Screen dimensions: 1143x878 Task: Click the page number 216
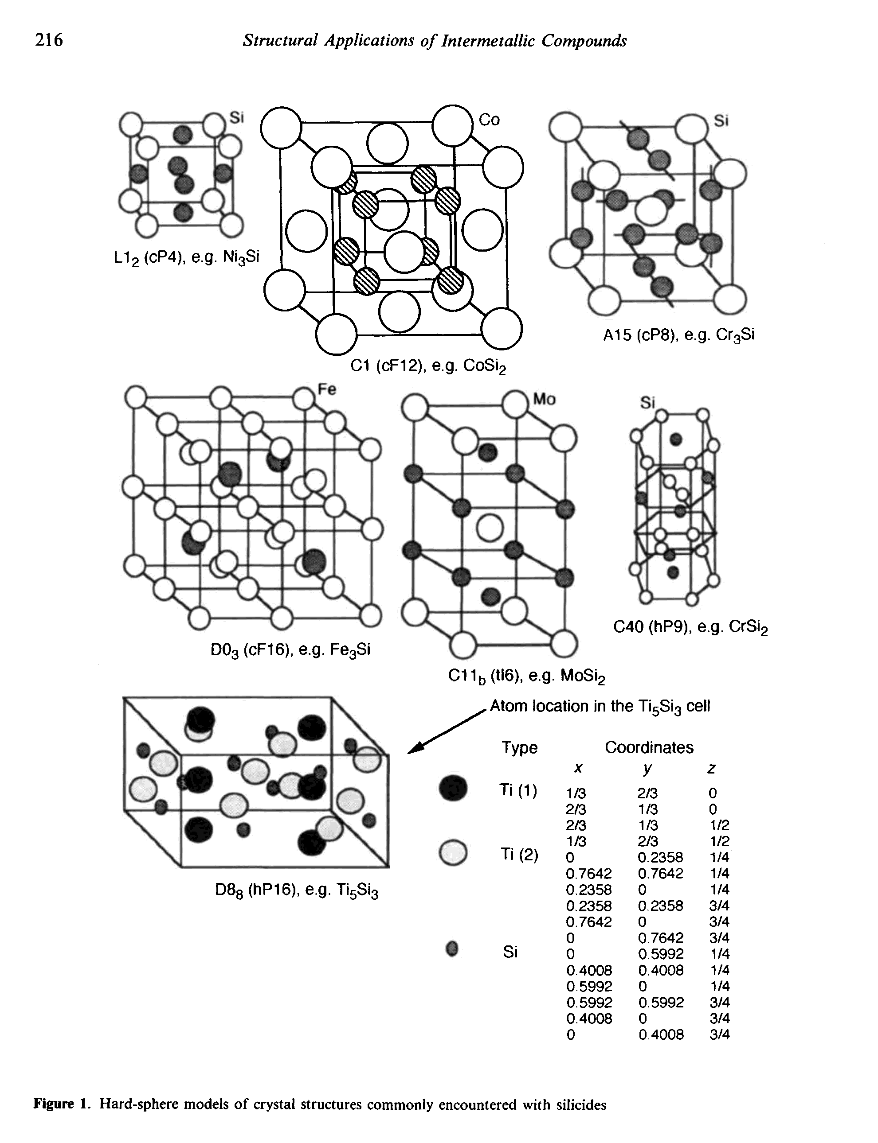point(49,40)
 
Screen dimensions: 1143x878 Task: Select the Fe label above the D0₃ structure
point(327,389)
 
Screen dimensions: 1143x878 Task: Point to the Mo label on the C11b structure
point(544,400)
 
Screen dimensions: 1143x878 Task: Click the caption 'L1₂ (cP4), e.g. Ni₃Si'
point(186,257)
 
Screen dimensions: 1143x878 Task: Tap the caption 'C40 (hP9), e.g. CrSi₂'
point(690,627)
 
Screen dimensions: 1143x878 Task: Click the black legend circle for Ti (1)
point(453,788)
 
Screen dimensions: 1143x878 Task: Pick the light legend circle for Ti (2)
point(453,852)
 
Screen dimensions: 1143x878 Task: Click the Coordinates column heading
point(649,747)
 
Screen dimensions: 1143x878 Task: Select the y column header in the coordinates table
point(647,768)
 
